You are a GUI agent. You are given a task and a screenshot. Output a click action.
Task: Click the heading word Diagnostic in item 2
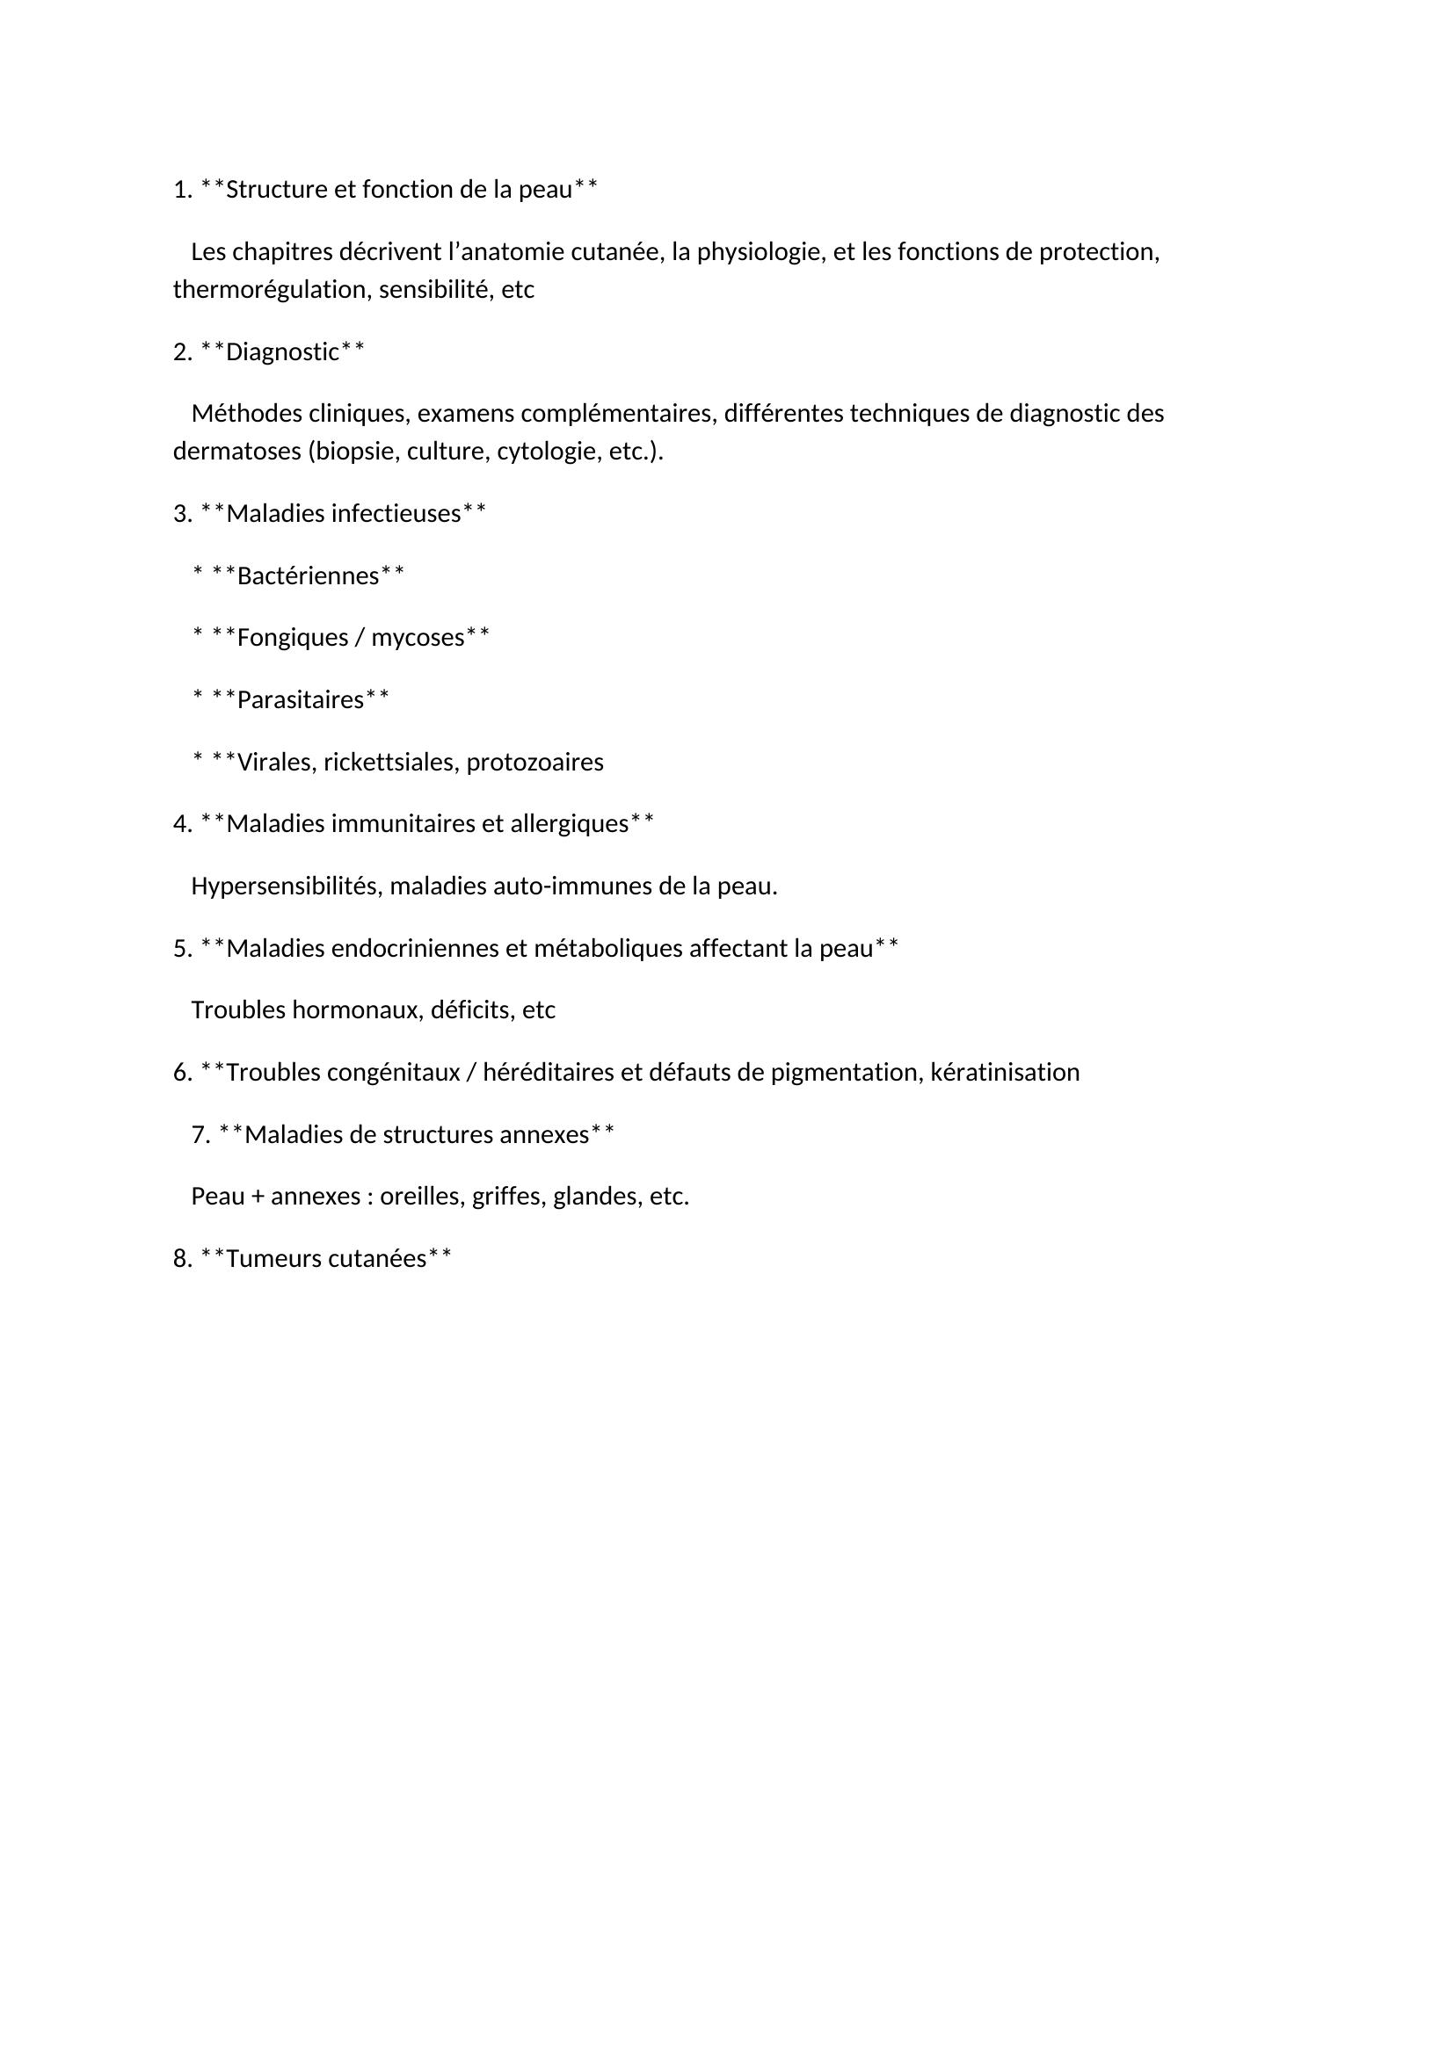coord(282,352)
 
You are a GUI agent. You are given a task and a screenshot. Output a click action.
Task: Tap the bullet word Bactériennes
coord(308,575)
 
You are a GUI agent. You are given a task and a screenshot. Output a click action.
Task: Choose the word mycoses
coord(418,637)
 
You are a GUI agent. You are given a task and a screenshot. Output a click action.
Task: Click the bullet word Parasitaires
coord(300,700)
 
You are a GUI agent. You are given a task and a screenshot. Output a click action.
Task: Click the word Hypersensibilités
coord(287,886)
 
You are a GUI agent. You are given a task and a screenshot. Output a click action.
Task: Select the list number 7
coord(200,1135)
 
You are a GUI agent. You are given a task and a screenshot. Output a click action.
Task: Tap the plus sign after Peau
coord(258,1197)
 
